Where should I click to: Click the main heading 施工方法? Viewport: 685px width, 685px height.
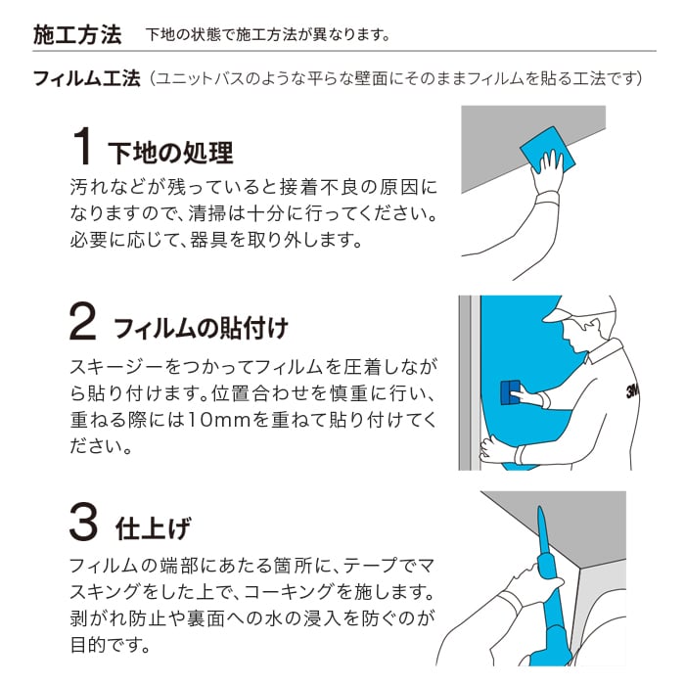pos(77,35)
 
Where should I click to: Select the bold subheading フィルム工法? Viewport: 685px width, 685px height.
pos(87,78)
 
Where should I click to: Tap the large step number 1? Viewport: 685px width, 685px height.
pos(81,147)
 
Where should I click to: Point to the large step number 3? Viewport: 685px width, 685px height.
pos(83,522)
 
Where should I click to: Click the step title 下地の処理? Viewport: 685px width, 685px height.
pos(170,154)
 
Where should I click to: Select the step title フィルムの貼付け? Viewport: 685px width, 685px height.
pos(201,329)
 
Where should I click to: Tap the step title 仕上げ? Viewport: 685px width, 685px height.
pos(154,528)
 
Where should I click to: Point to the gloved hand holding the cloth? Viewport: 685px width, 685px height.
pos(546,172)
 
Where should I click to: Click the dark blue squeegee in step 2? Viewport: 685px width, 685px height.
pos(510,392)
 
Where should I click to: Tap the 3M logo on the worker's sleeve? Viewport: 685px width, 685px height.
pos(632,391)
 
